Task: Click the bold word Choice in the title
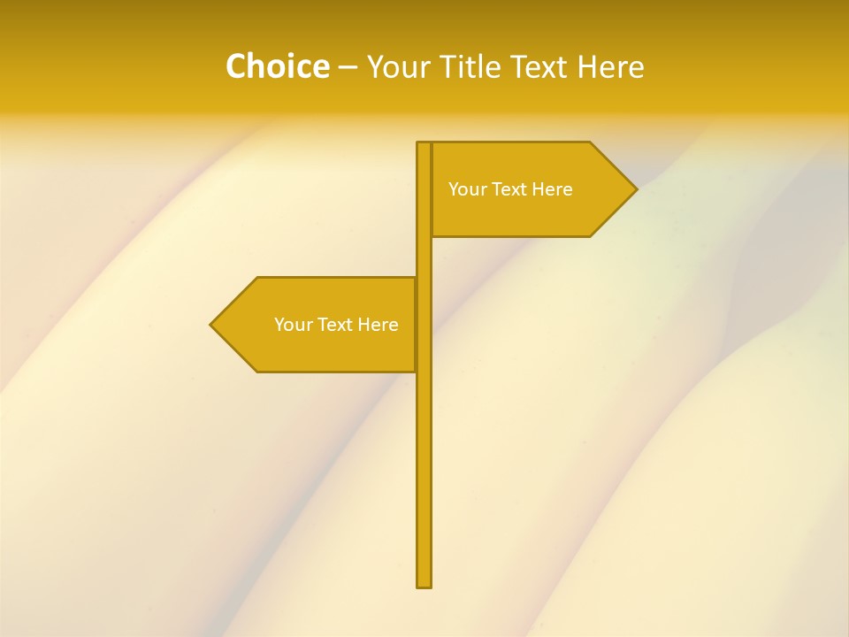277,66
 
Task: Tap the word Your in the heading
399,66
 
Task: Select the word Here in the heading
611,66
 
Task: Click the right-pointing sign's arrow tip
635,188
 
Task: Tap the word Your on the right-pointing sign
467,189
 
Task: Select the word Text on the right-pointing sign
509,189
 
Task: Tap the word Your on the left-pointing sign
293,325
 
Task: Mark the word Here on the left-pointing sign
379,325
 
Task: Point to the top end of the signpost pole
424,144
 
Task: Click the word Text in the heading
542,66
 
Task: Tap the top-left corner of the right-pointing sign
433,143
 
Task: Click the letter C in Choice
236,66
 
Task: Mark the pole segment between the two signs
424,257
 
